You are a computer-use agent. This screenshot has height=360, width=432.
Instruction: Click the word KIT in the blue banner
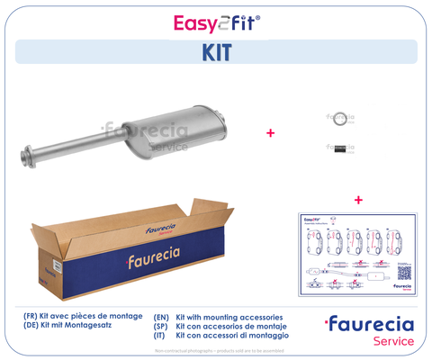point(216,51)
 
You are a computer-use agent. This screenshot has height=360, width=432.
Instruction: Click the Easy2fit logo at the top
point(216,22)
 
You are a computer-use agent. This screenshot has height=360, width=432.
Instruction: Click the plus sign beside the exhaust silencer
point(270,133)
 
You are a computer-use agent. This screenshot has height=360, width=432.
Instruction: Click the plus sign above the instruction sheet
point(358,199)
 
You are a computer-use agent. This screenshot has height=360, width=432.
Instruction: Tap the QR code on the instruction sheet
point(404,272)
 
